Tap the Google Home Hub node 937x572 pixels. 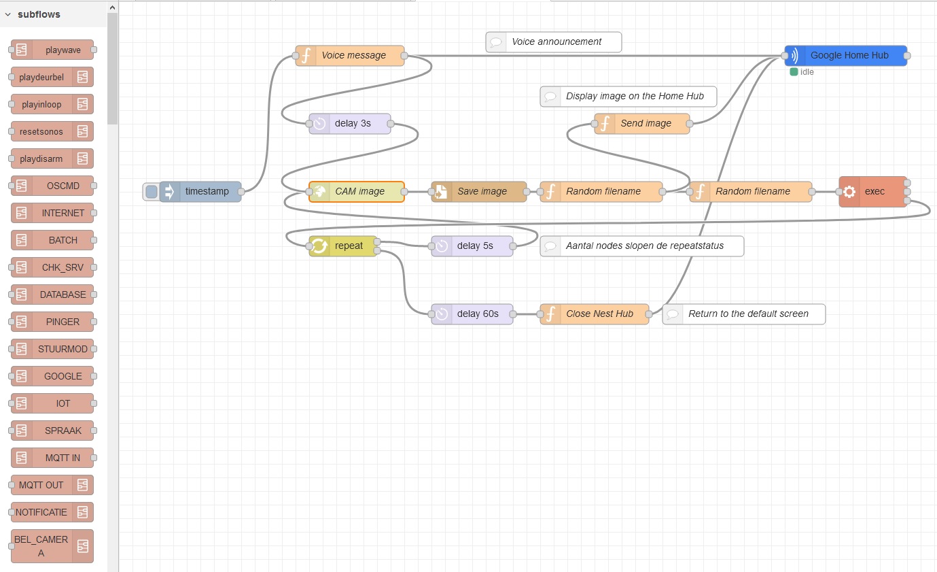(x=849, y=56)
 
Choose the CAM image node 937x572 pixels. (x=359, y=192)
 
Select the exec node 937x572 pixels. (x=874, y=192)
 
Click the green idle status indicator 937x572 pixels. (x=794, y=72)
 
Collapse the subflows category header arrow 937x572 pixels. (x=7, y=14)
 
